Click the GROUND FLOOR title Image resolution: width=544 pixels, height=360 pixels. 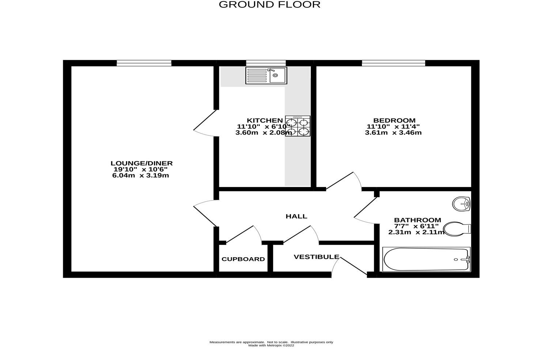pos(269,5)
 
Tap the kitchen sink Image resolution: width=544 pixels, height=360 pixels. pos(267,75)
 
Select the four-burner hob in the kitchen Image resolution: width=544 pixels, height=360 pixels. pos(298,126)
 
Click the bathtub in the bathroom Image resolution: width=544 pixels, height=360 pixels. pos(426,259)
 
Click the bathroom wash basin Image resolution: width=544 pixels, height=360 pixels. pos(461,204)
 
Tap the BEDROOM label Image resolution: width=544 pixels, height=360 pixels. pos(394,120)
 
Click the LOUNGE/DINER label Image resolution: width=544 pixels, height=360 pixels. pos(141,163)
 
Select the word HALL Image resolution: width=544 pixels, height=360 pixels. pos(296,216)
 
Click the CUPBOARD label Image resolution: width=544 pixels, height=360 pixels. pos(243,259)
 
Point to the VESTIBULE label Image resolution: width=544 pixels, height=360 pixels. pos(316,257)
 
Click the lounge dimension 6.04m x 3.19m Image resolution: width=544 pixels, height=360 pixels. pos(141,176)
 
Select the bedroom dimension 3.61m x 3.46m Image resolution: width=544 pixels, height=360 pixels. pos(393,132)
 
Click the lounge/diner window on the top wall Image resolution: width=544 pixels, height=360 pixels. pos(144,63)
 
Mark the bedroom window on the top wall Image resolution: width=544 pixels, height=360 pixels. pos(393,63)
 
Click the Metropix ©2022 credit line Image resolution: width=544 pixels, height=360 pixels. pos(271,345)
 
